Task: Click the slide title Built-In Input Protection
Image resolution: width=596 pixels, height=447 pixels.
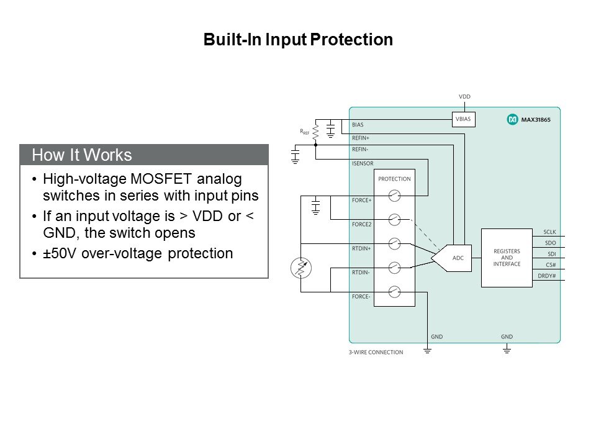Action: (x=298, y=40)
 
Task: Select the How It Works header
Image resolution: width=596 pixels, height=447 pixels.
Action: (x=81, y=155)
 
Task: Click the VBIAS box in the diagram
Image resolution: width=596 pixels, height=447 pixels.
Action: (x=463, y=119)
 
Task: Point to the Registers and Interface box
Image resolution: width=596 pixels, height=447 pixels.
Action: (x=507, y=258)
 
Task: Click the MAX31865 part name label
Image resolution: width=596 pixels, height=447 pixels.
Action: (x=536, y=119)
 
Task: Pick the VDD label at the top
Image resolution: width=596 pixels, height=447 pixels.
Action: (x=464, y=97)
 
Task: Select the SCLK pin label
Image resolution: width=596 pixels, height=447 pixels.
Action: (x=549, y=232)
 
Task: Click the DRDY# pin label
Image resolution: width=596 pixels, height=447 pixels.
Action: (x=548, y=276)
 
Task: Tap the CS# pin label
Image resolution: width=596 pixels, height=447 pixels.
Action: (x=551, y=264)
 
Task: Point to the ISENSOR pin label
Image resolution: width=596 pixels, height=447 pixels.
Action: (x=363, y=164)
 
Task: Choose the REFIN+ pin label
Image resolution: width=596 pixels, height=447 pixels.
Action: (x=361, y=138)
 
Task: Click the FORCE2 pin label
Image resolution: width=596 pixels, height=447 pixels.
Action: (x=361, y=224)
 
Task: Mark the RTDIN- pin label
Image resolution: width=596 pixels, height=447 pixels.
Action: (x=361, y=273)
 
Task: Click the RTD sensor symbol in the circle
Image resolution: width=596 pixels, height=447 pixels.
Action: (x=300, y=268)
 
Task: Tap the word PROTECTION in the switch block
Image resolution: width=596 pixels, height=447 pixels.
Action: (x=394, y=179)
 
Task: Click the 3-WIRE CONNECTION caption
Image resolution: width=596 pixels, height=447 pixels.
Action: (x=376, y=352)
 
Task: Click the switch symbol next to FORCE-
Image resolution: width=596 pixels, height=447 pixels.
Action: (x=394, y=291)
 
